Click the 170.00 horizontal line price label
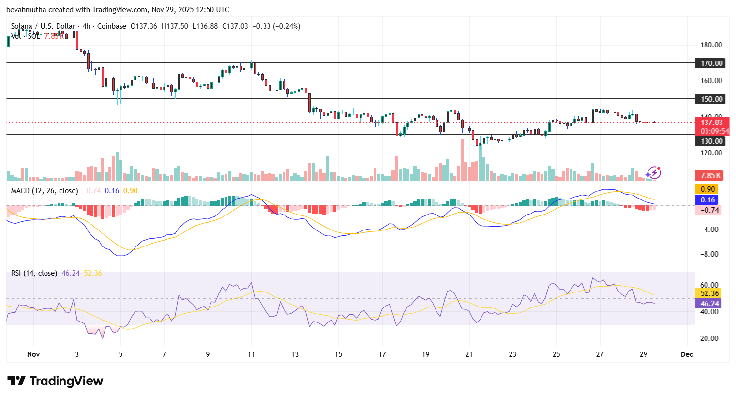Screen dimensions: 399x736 (711, 63)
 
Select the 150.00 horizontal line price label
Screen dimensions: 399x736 (711, 99)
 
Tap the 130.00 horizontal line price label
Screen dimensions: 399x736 (711, 141)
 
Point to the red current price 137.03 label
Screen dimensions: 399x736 (711, 123)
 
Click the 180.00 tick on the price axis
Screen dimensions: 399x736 (711, 45)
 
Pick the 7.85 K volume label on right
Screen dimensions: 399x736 (709, 176)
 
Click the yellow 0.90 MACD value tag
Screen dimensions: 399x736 (707, 189)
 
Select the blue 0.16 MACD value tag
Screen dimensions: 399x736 (707, 199)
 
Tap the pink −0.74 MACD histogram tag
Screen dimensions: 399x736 (708, 210)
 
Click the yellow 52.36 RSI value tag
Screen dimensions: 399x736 (709, 293)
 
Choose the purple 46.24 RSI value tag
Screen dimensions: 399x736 (709, 304)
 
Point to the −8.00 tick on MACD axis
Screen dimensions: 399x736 (710, 254)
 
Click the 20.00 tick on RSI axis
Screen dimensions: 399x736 (709, 338)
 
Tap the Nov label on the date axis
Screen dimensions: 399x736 (33, 354)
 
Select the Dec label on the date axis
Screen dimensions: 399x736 (687, 354)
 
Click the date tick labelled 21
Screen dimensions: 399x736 (469, 354)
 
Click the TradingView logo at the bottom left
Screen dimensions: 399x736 (55, 381)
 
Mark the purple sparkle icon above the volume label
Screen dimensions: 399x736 (653, 173)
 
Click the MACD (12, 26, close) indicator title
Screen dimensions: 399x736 (45, 191)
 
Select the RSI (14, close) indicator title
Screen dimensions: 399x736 (34, 273)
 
